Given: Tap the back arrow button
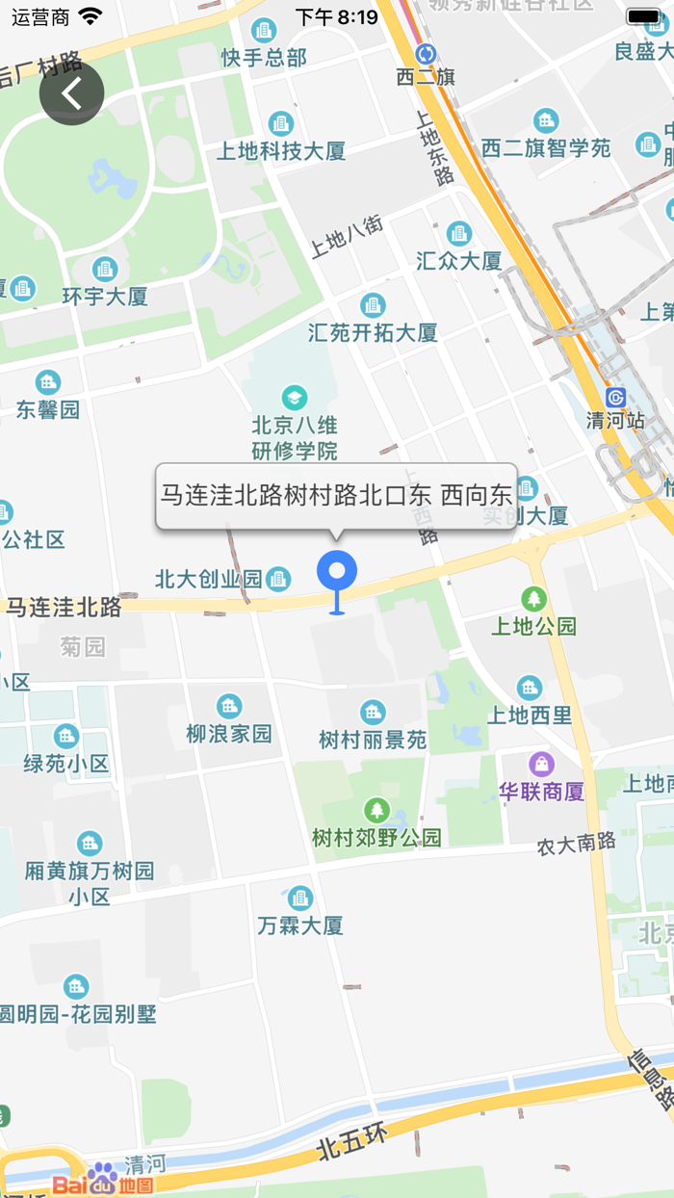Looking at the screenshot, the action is (x=71, y=93).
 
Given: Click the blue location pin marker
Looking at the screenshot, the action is (x=337, y=573).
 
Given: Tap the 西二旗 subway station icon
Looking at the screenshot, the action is (x=426, y=54).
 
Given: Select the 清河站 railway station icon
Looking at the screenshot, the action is (x=616, y=398).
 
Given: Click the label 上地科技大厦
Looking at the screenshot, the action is (x=280, y=151).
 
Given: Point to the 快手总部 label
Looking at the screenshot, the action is (x=264, y=58).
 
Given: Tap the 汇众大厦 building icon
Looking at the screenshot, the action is (x=459, y=234).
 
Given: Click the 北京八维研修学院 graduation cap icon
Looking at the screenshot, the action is (x=294, y=398).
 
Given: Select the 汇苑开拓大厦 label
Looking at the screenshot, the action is (x=373, y=333).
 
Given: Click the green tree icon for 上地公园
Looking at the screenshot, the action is (x=533, y=599).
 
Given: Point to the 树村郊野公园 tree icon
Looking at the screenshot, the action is (x=376, y=811).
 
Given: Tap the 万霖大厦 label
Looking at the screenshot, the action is (x=300, y=926).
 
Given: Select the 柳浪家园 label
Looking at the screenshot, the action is (x=229, y=734).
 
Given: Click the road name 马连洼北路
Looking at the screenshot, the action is (x=65, y=608).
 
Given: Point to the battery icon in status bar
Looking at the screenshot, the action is (x=644, y=16).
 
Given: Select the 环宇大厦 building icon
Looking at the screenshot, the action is (x=105, y=270).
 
